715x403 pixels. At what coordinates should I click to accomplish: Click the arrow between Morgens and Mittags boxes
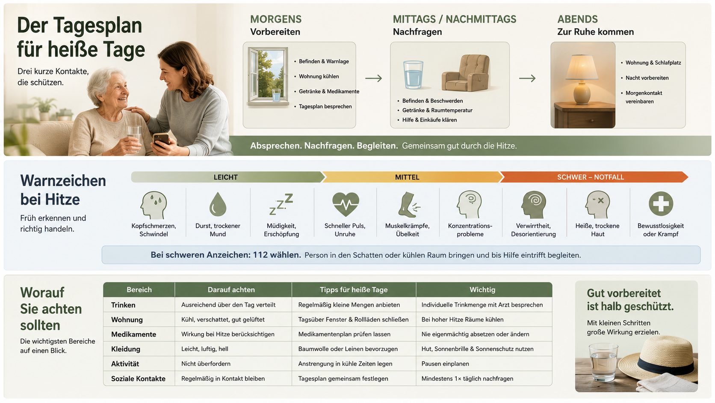click(373, 78)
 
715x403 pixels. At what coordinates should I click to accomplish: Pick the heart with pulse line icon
click(346, 204)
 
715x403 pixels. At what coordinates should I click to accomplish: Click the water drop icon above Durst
click(218, 204)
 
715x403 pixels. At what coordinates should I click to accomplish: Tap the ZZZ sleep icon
click(281, 204)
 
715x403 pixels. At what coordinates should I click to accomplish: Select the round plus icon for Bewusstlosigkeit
click(661, 203)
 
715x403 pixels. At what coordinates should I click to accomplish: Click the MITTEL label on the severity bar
click(407, 177)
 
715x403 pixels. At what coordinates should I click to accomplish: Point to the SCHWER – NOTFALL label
click(590, 177)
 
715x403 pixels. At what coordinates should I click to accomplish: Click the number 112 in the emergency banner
click(260, 255)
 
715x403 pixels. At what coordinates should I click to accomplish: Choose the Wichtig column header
click(482, 290)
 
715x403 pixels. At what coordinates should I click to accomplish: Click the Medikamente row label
click(133, 334)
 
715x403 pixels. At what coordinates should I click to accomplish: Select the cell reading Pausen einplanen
click(445, 364)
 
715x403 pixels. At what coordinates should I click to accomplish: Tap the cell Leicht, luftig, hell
click(204, 349)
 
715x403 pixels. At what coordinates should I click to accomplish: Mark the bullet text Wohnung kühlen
click(319, 76)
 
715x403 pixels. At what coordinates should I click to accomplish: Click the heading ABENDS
click(577, 19)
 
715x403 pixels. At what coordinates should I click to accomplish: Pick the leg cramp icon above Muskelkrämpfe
click(408, 205)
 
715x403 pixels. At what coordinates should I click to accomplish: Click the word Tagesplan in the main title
click(97, 26)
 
